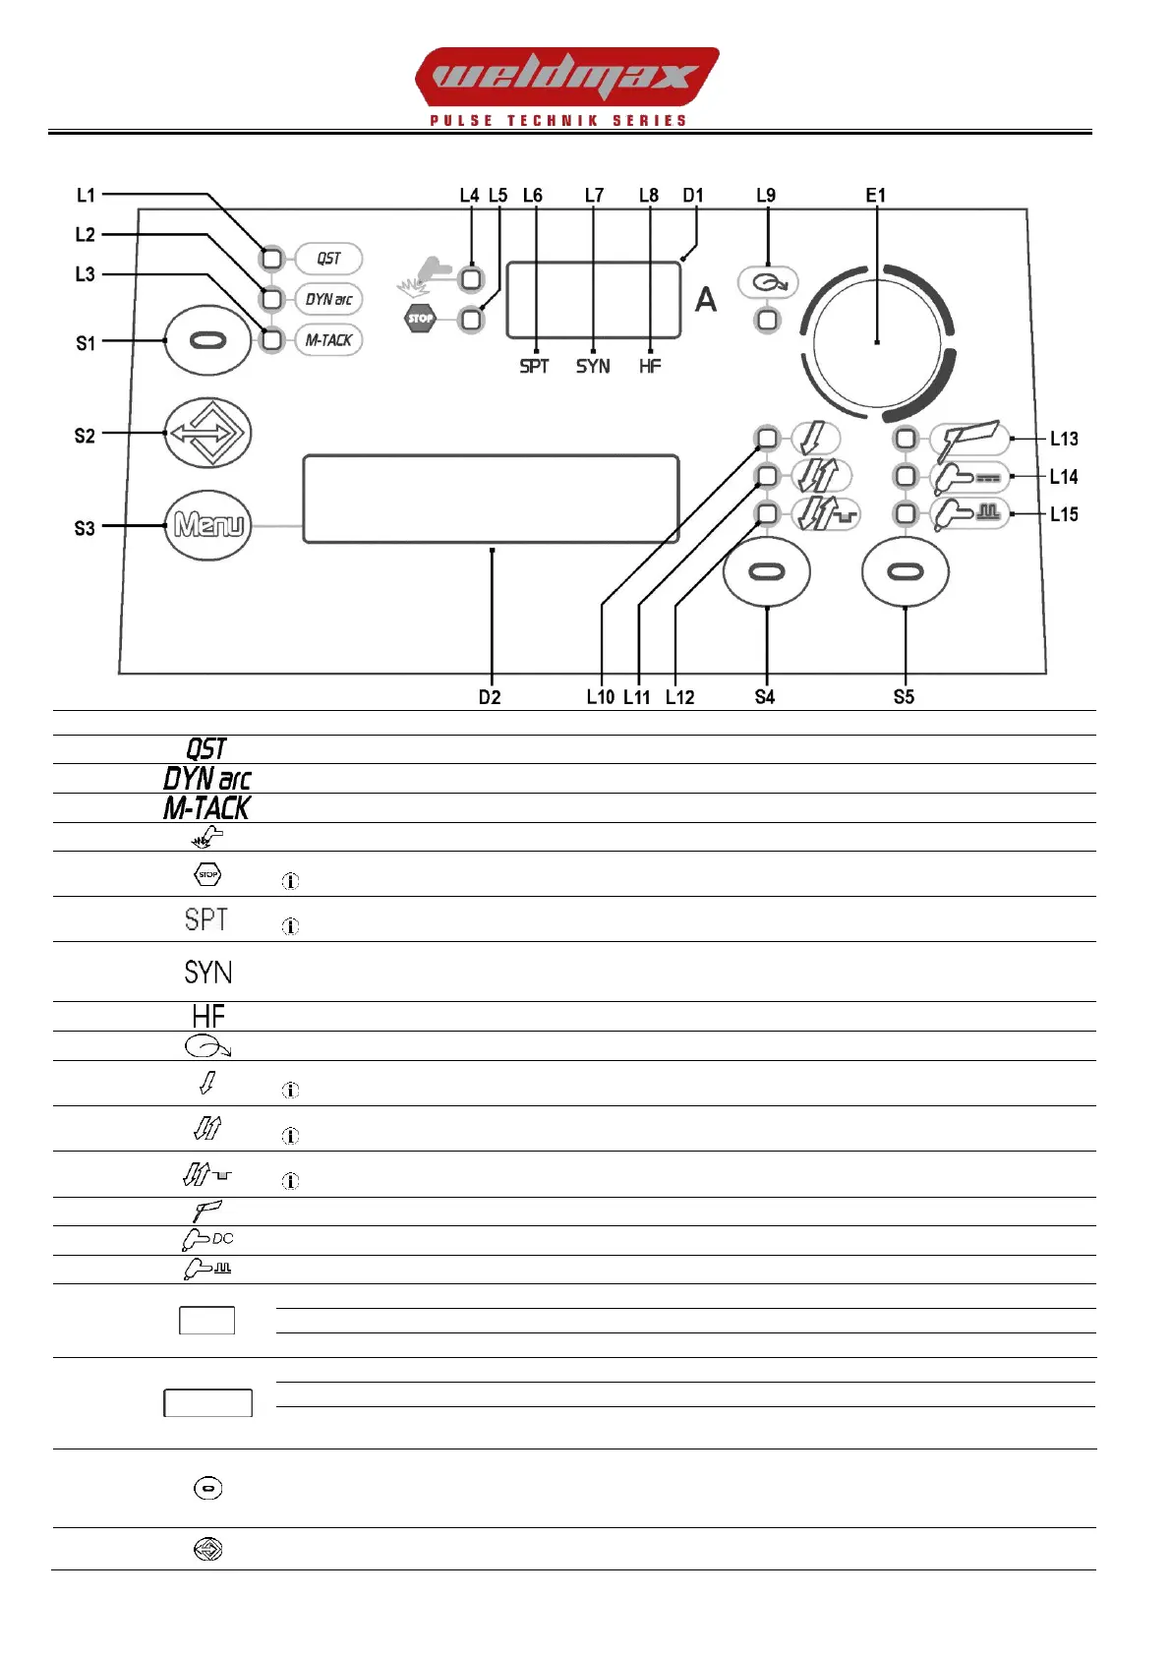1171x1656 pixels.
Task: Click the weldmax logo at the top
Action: coord(566,77)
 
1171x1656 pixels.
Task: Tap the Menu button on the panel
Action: coord(207,526)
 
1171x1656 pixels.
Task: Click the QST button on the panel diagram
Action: coord(328,259)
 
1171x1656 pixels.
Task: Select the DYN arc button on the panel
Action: coord(328,299)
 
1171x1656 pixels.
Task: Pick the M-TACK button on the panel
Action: coord(328,340)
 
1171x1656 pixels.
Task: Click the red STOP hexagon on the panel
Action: coord(421,319)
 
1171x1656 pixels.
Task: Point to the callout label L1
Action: coord(87,195)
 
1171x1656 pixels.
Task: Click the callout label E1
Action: coord(875,195)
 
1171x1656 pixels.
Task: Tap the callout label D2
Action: coord(490,697)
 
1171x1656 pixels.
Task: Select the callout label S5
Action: coord(904,697)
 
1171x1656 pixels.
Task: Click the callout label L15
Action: coord(1064,514)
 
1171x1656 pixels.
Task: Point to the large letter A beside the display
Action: coord(706,300)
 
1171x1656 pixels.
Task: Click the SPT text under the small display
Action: coord(534,366)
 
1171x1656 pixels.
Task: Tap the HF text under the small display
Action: coord(650,366)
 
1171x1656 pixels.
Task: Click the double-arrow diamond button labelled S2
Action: coord(207,433)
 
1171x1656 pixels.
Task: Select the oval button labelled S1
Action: coord(207,341)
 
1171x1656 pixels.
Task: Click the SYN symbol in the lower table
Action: coord(208,973)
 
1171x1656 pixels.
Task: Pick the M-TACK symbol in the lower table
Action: coord(206,808)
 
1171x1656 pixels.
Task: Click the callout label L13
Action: coord(1064,439)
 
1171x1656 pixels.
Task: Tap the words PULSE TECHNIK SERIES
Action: coord(558,121)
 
